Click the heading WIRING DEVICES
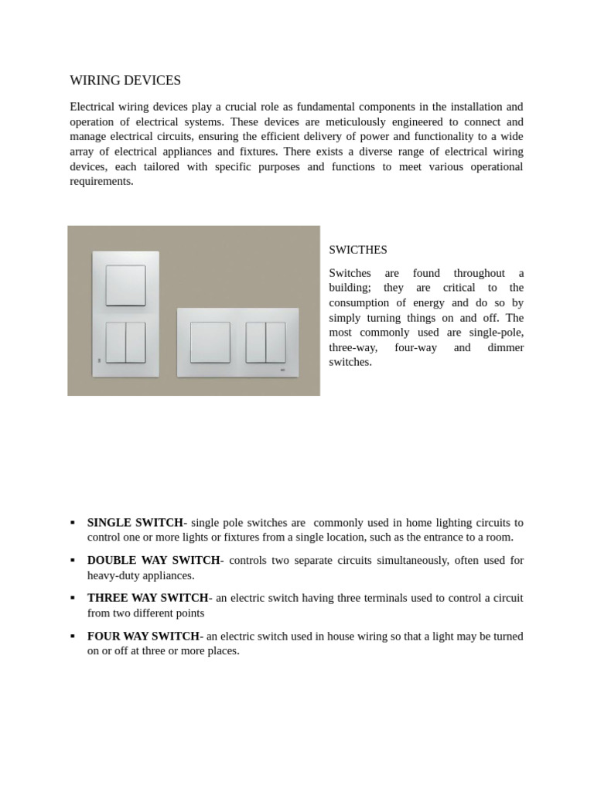(x=125, y=80)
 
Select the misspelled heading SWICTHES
(x=358, y=250)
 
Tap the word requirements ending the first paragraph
(x=101, y=182)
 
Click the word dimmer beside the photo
(x=504, y=347)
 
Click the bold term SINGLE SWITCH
(x=135, y=522)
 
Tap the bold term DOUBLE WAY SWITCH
(x=154, y=560)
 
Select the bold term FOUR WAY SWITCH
(x=143, y=636)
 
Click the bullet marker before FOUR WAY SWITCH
(x=73, y=636)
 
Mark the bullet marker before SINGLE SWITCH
(x=73, y=522)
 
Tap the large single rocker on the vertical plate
(x=125, y=285)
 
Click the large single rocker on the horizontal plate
(x=210, y=343)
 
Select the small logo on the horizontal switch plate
(x=282, y=370)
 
